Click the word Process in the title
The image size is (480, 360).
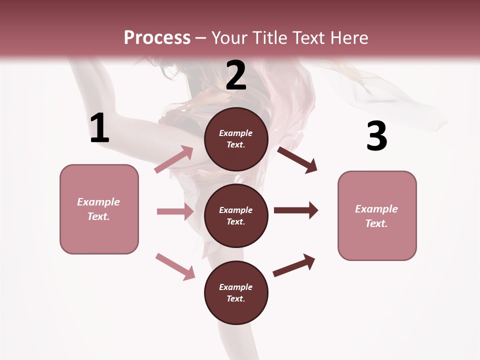(x=157, y=38)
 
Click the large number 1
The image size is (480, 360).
(x=99, y=128)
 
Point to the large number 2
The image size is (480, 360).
(x=236, y=76)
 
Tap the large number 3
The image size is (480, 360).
(x=376, y=136)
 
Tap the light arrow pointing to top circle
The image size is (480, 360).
(x=174, y=159)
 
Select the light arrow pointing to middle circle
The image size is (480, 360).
(x=175, y=211)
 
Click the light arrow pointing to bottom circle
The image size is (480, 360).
(x=175, y=266)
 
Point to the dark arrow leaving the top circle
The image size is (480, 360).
(x=297, y=160)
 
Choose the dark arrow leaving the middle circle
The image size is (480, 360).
(x=296, y=210)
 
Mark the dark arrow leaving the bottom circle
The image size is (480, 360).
(x=294, y=265)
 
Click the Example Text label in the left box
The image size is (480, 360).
(x=98, y=209)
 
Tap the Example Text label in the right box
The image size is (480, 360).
(x=376, y=216)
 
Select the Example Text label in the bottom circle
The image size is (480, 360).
(x=235, y=293)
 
